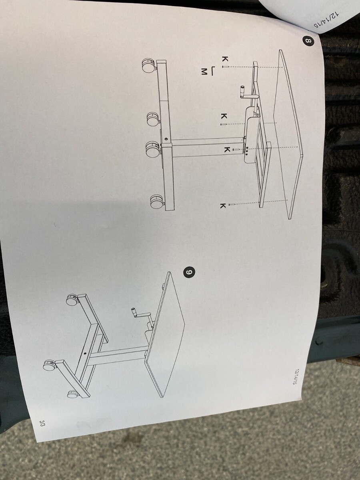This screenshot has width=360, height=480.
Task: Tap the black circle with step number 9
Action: pos(189,273)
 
